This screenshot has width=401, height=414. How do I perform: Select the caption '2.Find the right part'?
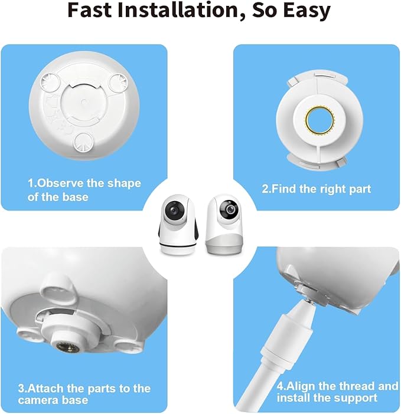(x=316, y=189)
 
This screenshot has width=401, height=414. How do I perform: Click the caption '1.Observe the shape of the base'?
(x=84, y=189)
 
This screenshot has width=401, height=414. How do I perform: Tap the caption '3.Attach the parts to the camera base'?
(x=84, y=394)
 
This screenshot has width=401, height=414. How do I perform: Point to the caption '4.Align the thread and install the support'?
(x=337, y=392)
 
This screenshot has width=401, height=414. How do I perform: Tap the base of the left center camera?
(x=177, y=245)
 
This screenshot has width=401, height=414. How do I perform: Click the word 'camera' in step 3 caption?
(x=38, y=400)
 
